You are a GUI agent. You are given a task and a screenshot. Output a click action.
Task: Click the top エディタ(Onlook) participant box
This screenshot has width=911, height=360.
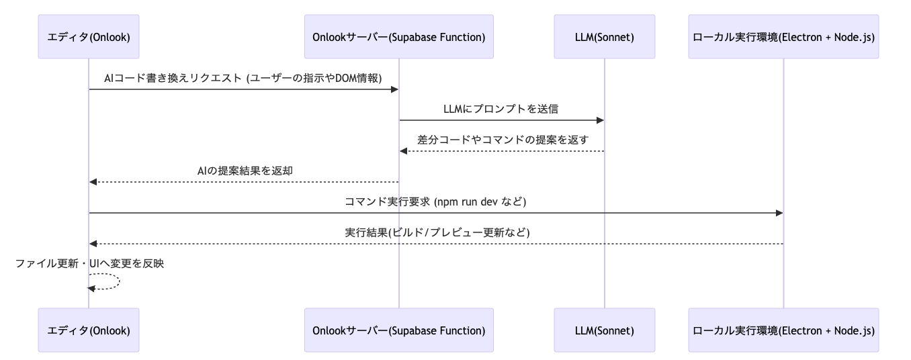pyautogui.click(x=89, y=37)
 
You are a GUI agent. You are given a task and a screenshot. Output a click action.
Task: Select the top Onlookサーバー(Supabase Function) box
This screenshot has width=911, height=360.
pyautogui.click(x=398, y=37)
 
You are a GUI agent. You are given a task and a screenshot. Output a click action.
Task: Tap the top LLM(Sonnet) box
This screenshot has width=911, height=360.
pyautogui.click(x=604, y=37)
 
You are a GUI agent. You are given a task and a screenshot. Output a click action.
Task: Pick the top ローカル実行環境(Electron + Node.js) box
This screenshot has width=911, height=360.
pyautogui.click(x=783, y=37)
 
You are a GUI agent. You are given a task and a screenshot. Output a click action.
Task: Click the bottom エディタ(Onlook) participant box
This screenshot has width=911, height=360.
pyautogui.click(x=89, y=330)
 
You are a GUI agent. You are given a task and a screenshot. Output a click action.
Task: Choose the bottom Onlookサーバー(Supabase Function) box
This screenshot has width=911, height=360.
pyautogui.click(x=398, y=330)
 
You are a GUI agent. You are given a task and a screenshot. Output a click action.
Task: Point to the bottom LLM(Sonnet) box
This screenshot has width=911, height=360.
pyautogui.click(x=604, y=330)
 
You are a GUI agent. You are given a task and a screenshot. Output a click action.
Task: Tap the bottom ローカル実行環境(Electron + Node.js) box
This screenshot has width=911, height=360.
pyautogui.click(x=783, y=330)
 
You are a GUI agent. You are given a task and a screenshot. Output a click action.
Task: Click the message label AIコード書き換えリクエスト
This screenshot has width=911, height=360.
pyautogui.click(x=243, y=78)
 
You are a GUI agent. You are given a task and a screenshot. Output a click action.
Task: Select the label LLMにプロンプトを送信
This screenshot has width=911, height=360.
pyautogui.click(x=501, y=109)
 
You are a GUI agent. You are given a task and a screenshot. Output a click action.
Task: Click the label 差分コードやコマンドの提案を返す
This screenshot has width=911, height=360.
pyautogui.click(x=501, y=140)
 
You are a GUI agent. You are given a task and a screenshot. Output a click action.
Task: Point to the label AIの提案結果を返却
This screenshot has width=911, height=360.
pyautogui.click(x=245, y=171)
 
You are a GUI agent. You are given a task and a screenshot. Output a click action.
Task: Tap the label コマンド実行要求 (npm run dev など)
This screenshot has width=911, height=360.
pyautogui.click(x=436, y=201)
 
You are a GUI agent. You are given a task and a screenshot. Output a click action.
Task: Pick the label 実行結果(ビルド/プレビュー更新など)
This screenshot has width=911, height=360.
pyautogui.click(x=436, y=232)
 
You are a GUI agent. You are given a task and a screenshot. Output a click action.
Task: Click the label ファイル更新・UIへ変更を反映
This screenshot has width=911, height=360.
pyautogui.click(x=89, y=264)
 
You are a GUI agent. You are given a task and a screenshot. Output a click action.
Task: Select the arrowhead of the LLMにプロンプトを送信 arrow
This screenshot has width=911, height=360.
pyautogui.click(x=600, y=120)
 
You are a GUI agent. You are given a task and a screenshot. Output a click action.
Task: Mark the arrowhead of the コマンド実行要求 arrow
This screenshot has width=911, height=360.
pyautogui.click(x=779, y=213)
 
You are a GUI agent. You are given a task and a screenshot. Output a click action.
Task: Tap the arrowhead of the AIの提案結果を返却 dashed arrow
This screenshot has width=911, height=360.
pyautogui.click(x=93, y=182)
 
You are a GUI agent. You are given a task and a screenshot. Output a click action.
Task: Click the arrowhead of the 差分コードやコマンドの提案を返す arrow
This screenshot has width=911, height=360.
pyautogui.click(x=403, y=151)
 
